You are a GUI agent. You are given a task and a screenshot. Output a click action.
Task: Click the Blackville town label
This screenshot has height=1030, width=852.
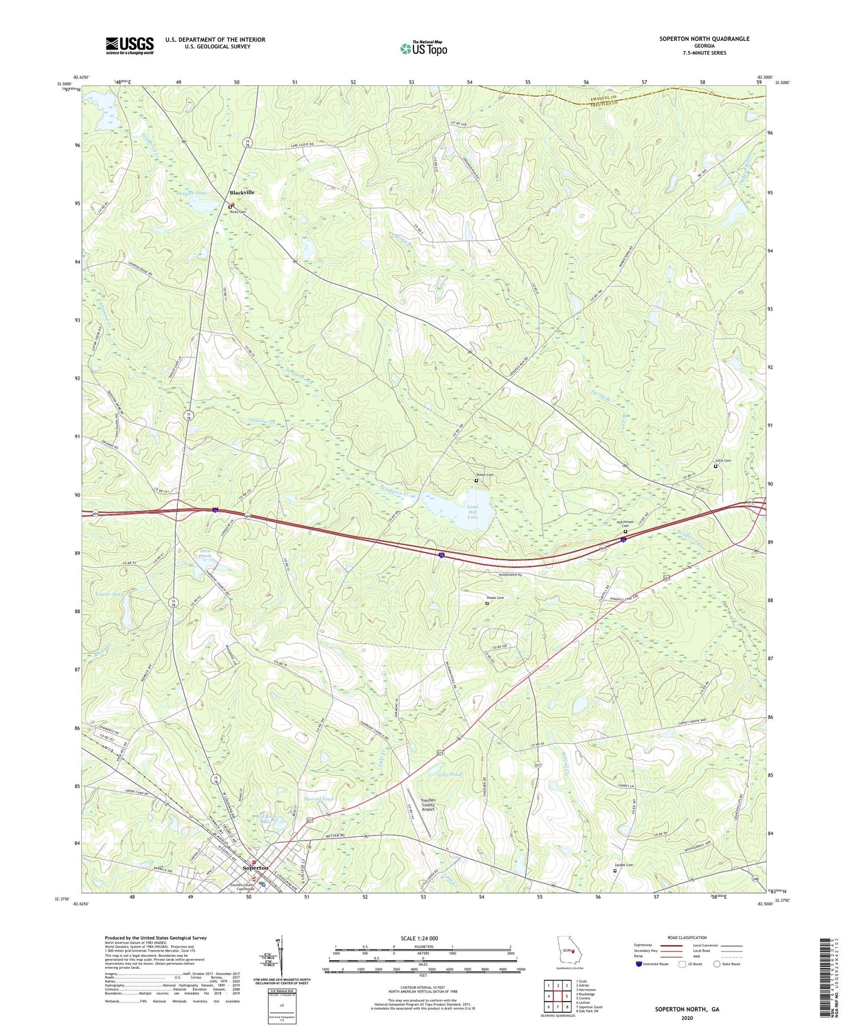coord(242,193)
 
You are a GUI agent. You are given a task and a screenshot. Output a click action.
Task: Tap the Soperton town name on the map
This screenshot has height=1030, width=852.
coord(256,868)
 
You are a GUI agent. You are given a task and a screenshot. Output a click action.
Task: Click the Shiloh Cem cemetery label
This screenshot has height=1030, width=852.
coord(485,475)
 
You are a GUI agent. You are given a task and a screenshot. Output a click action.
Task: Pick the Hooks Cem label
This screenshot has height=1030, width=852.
coord(495,598)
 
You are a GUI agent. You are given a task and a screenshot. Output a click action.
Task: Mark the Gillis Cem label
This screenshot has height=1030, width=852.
coord(723,461)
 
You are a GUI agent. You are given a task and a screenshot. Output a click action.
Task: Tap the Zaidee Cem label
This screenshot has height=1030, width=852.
coord(624,865)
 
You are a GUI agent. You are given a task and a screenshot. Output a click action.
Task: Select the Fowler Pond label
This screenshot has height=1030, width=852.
coord(110,594)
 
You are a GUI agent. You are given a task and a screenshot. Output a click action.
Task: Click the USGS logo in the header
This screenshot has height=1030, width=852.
coord(130,45)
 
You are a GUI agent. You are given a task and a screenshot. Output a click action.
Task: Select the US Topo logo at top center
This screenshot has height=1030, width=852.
coord(424,48)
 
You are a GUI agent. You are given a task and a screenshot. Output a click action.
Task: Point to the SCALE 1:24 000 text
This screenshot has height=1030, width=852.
coord(423,938)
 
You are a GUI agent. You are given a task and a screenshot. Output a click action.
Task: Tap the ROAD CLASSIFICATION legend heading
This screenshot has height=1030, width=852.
coord(687,937)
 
